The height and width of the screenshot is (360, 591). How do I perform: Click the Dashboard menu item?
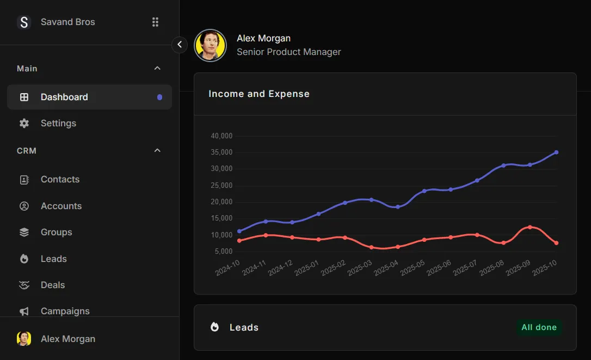tap(64, 97)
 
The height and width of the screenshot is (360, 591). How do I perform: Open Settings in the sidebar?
tap(58, 123)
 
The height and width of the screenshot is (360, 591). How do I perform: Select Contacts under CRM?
tap(60, 179)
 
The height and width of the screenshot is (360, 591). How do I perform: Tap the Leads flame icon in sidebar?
tap(24, 259)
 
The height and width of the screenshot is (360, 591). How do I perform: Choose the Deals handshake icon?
tap(24, 285)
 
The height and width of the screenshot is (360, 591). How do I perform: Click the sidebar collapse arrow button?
tap(180, 45)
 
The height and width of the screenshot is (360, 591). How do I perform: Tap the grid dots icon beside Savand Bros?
tap(155, 22)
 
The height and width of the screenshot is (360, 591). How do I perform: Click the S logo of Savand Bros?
tap(24, 22)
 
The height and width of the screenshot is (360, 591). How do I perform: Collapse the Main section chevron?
tap(157, 68)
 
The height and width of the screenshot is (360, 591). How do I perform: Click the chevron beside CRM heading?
tap(157, 150)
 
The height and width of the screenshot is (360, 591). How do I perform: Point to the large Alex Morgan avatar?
tap(211, 45)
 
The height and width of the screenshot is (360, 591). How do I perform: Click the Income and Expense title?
tap(259, 94)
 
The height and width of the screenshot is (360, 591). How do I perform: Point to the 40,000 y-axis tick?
tap(221, 136)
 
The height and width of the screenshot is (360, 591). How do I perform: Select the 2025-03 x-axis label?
tap(360, 267)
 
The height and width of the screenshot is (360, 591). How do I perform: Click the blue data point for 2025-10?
tap(556, 152)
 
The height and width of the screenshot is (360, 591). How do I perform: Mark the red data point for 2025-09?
tap(530, 227)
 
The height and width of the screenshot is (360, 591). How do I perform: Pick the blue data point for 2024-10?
tap(239, 231)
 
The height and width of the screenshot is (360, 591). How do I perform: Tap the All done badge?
tap(539, 327)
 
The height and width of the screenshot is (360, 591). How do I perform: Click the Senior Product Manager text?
tap(289, 52)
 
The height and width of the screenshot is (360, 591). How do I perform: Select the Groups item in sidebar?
tap(56, 232)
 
